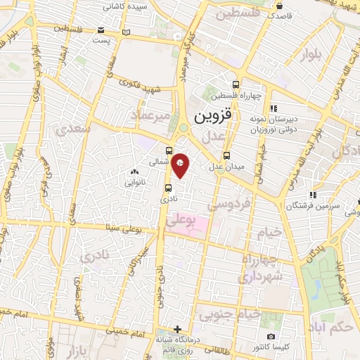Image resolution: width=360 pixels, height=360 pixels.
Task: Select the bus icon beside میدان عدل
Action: (226, 156)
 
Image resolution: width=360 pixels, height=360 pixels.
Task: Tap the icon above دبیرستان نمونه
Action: (274, 108)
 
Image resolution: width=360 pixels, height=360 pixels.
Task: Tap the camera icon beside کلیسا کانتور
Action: (271, 337)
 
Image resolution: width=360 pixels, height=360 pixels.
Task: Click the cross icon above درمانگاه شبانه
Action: (177, 329)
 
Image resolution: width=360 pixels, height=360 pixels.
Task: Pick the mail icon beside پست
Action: (103, 32)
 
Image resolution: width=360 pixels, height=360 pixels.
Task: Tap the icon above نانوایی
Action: (134, 171)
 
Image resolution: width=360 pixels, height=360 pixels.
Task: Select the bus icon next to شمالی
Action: (169, 150)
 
